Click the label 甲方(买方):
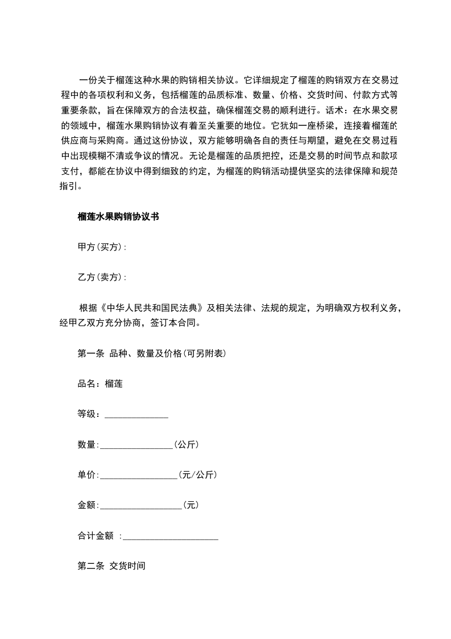point(102,247)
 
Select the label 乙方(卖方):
point(102,277)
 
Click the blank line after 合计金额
point(171,536)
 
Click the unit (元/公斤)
point(197,474)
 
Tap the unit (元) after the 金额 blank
point(191,505)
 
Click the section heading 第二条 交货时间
point(111,566)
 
